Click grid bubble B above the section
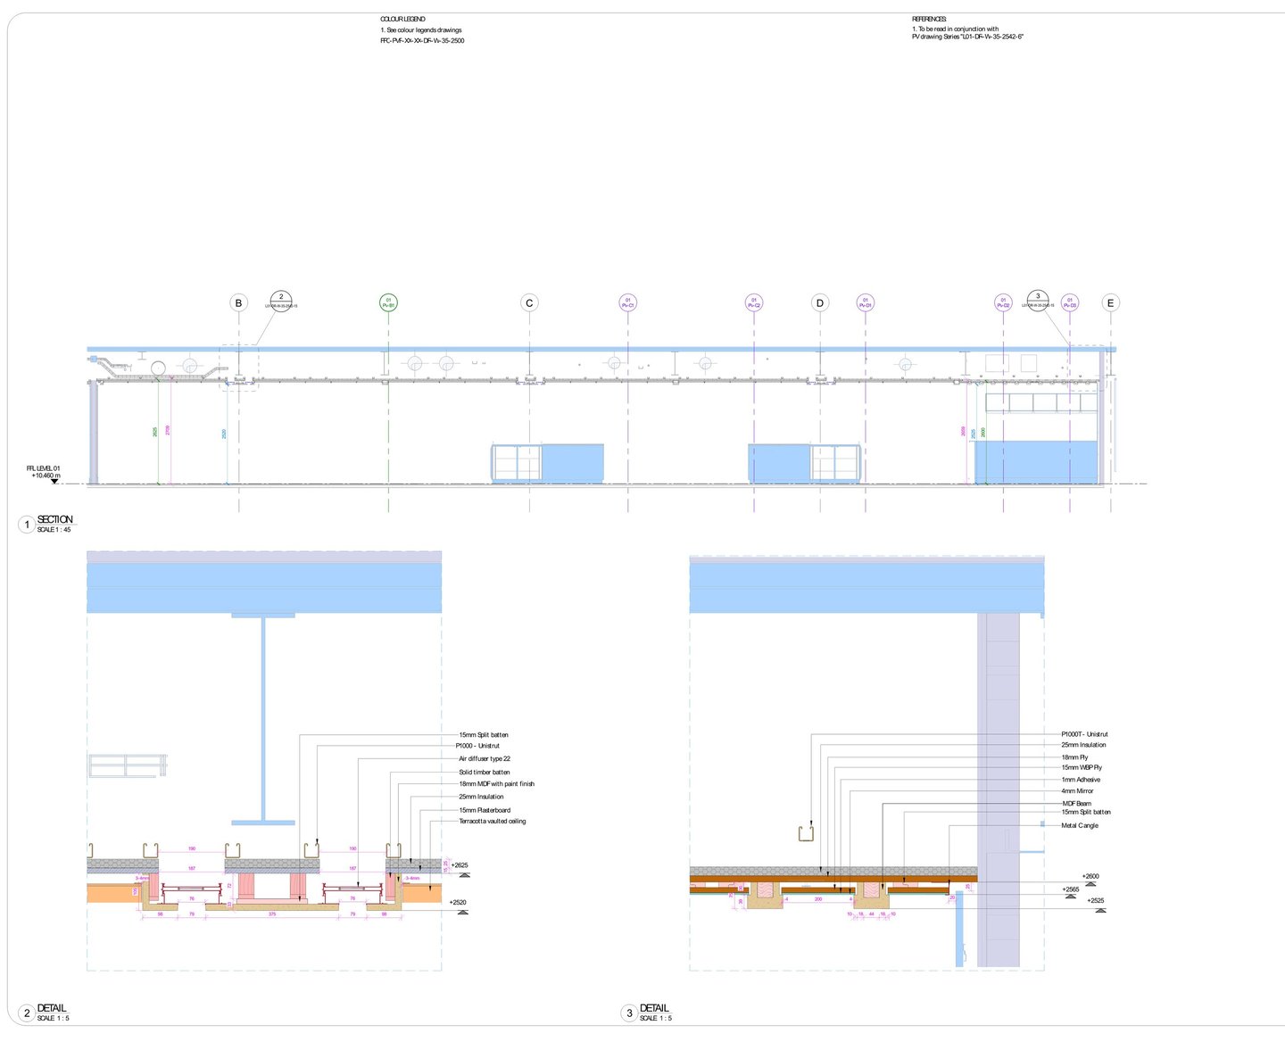tap(238, 303)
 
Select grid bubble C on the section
tap(529, 303)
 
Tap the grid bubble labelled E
tap(1111, 303)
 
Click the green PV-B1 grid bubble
tap(388, 303)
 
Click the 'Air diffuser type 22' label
tap(485, 759)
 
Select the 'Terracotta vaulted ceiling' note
tap(492, 822)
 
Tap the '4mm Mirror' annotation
tap(1077, 791)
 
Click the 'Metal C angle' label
tap(1080, 826)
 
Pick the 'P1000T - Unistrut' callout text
tap(1084, 735)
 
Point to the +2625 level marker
tap(460, 865)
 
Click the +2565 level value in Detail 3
tap(1071, 889)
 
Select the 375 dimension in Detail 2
tap(272, 914)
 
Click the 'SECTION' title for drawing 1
tap(55, 519)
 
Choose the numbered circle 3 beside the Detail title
tap(629, 1013)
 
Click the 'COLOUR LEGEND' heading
tap(402, 19)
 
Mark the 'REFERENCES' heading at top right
tap(929, 19)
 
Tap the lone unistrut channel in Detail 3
tap(806, 833)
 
